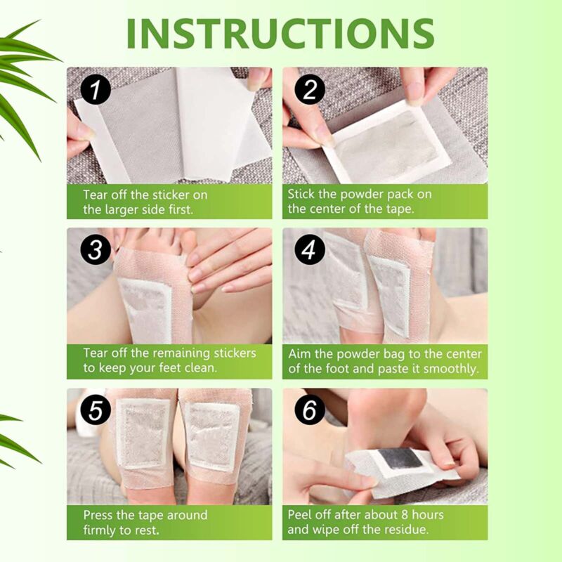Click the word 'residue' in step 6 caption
tap(414, 530)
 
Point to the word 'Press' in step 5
tap(100, 514)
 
